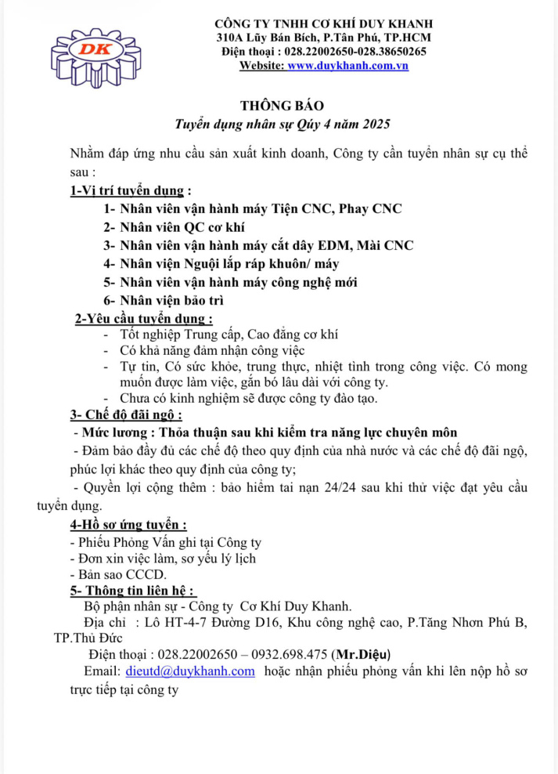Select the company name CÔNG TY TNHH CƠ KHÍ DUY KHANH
coord(323,24)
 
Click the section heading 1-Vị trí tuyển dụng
coord(130,190)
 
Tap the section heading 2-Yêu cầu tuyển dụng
coord(143,318)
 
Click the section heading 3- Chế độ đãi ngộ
coord(125,414)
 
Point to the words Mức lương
coord(115,432)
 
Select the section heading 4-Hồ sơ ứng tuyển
coord(128,525)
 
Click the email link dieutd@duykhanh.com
coord(190,671)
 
